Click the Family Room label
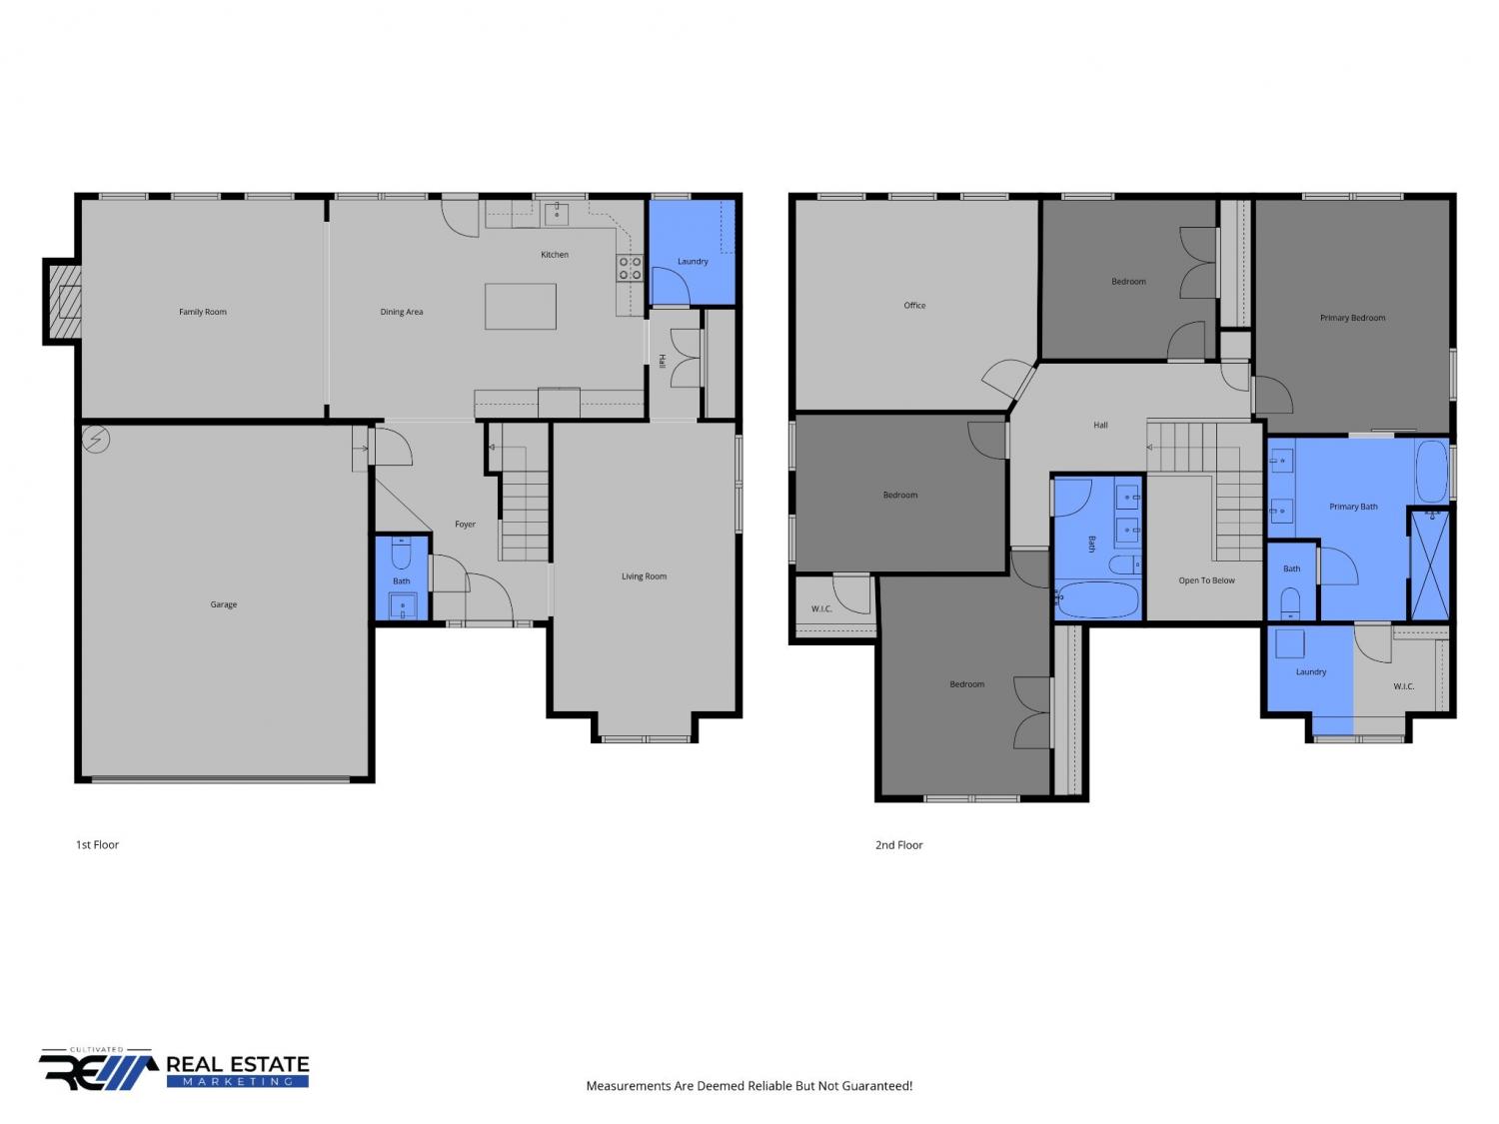[x=202, y=312]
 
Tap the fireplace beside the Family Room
[x=63, y=302]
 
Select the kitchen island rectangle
[x=521, y=307]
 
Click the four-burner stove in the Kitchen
[x=630, y=268]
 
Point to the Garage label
[x=223, y=604]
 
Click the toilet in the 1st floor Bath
[x=401, y=554]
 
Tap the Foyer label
[x=465, y=525]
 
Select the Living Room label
[x=644, y=576]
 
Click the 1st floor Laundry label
[x=693, y=262]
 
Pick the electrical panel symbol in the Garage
[x=96, y=440]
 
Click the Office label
[x=914, y=305]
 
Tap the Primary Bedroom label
[x=1352, y=318]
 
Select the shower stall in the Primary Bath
[x=1429, y=565]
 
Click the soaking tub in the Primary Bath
[x=1431, y=472]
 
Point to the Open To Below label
[x=1206, y=580]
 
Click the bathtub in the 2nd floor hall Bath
[x=1097, y=599]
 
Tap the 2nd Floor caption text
[x=898, y=845]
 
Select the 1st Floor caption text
[x=97, y=845]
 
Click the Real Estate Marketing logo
[x=174, y=1069]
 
